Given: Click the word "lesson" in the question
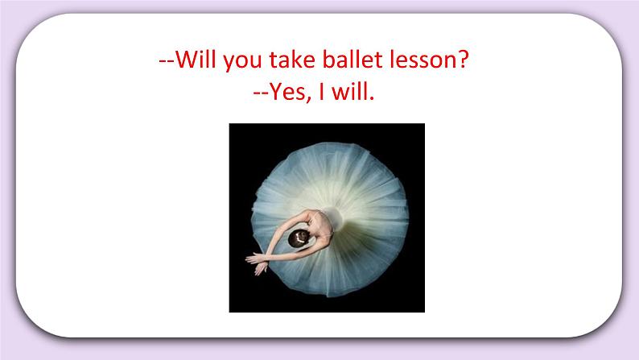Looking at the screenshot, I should click(x=423, y=60).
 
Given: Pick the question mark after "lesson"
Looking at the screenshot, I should click(x=464, y=60).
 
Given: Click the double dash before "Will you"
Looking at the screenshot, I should click(x=167, y=62).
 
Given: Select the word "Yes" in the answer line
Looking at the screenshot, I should click(x=286, y=94).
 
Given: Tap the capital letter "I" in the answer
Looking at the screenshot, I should click(x=320, y=93).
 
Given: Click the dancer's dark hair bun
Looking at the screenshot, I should click(x=299, y=238).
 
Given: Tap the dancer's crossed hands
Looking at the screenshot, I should click(x=256, y=259).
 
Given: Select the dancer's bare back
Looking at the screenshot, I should click(x=319, y=229).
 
